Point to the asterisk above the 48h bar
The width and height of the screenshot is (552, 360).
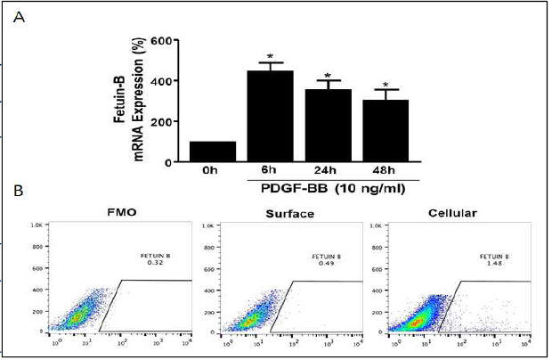pos(386,86)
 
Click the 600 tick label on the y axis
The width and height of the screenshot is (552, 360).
pos(161,41)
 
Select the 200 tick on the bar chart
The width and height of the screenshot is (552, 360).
pos(161,121)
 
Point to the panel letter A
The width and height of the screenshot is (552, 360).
pos(17,23)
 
